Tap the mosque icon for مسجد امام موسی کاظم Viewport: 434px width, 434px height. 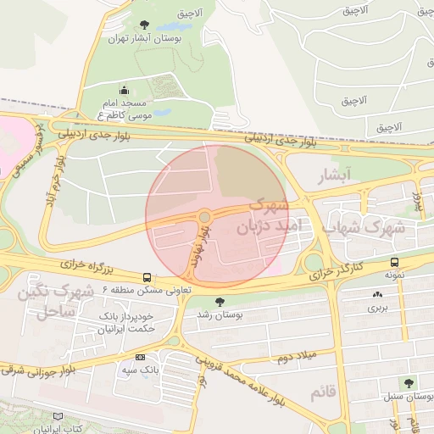tap(125, 90)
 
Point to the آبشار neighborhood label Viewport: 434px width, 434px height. tap(333, 176)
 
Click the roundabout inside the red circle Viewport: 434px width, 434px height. tap(204, 217)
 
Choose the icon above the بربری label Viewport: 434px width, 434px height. tap(376, 294)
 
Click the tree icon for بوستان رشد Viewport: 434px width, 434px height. tap(220, 301)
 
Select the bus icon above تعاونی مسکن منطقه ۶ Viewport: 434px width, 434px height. tap(147, 277)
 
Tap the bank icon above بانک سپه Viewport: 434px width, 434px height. tap(140, 357)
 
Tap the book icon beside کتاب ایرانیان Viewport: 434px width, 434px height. tap(58, 417)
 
